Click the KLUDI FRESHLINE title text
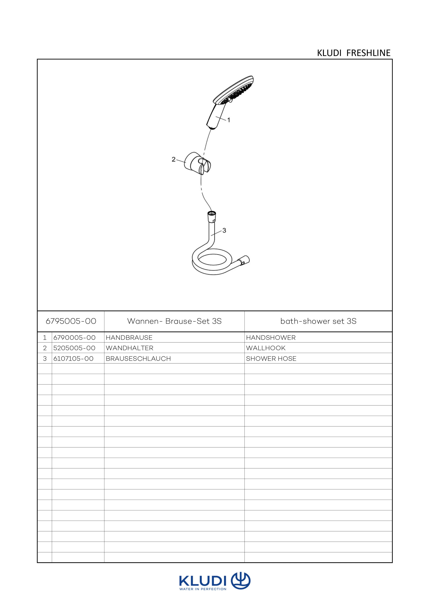(x=354, y=53)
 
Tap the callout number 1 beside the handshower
(x=229, y=120)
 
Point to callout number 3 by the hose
(x=224, y=230)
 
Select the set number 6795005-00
(x=71, y=321)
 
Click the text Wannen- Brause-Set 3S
(x=174, y=321)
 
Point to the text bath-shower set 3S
(x=318, y=321)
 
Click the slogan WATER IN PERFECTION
(x=203, y=589)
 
